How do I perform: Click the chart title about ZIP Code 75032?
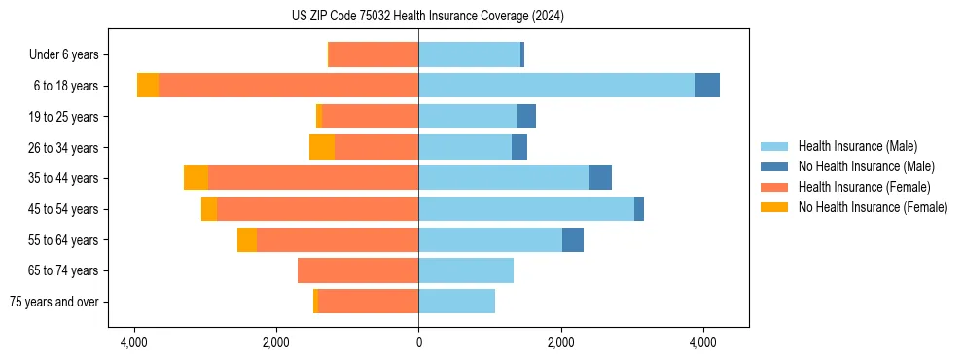click(427, 17)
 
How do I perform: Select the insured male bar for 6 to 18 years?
click(556, 86)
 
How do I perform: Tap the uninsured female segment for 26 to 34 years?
click(322, 147)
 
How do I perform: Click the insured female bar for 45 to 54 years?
click(317, 209)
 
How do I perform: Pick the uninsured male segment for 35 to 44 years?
click(600, 178)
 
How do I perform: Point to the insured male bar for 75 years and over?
click(456, 302)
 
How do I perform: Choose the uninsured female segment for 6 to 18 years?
click(148, 86)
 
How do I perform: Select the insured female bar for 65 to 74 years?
click(358, 270)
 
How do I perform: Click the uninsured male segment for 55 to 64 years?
click(573, 239)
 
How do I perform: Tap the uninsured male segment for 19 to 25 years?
click(526, 117)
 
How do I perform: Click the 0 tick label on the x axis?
click(418, 342)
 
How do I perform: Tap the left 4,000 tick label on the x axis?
click(133, 342)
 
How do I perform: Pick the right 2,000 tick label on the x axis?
click(560, 342)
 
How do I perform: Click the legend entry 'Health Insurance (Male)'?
click(857, 146)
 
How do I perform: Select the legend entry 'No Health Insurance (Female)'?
click(873, 207)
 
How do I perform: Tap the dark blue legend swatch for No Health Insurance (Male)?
click(775, 166)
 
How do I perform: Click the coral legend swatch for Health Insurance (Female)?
click(775, 187)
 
